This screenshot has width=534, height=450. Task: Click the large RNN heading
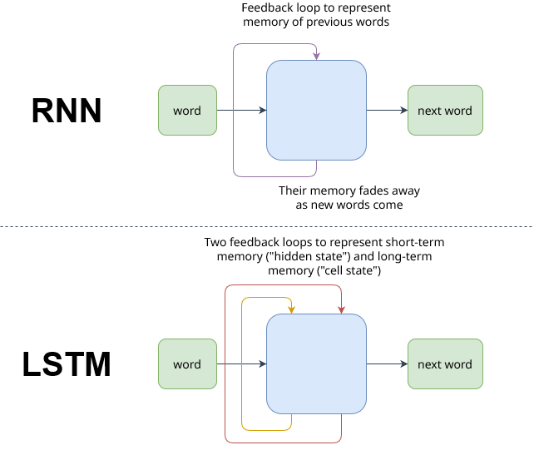[67, 111]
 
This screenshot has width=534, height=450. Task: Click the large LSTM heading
[67, 364]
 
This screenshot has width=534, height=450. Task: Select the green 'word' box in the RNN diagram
[187, 111]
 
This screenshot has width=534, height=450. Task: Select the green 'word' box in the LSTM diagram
[187, 364]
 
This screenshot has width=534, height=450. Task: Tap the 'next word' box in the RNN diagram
[445, 111]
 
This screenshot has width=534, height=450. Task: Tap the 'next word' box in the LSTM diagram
[445, 364]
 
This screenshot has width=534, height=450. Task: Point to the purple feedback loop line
[234, 108]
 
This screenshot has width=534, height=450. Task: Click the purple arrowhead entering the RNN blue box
[316, 57]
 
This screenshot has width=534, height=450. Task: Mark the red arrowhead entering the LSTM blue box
[341, 310]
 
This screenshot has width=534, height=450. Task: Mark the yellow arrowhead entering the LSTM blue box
[291, 310]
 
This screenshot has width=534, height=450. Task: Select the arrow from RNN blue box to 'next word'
[387, 111]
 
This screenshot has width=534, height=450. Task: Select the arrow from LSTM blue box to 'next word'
[387, 364]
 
